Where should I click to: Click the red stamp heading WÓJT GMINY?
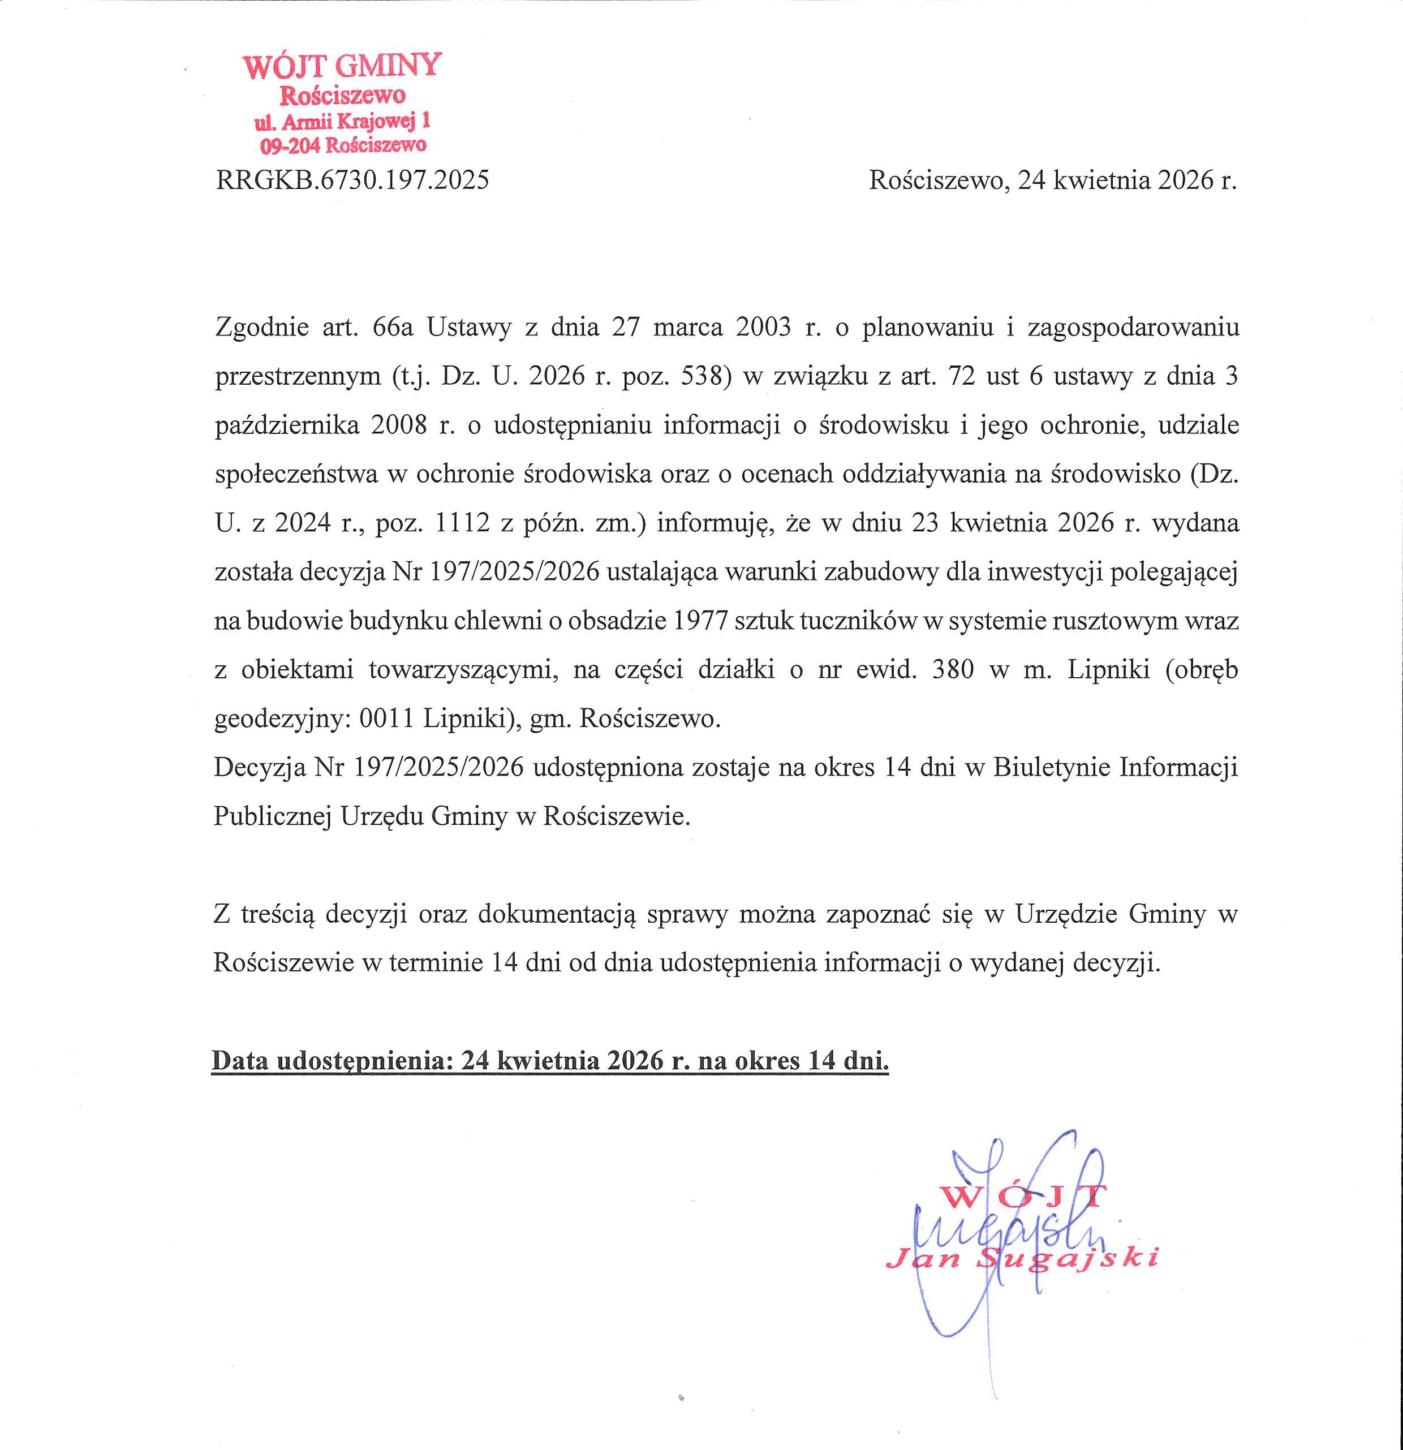342,67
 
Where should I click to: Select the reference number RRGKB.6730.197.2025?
352,180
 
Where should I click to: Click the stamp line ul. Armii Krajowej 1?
342,121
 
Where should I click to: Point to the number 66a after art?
393,327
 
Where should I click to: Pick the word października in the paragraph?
287,425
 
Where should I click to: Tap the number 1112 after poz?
462,523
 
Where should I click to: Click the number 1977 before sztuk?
701,621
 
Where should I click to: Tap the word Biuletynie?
1050,767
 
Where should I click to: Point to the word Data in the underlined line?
240,1061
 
